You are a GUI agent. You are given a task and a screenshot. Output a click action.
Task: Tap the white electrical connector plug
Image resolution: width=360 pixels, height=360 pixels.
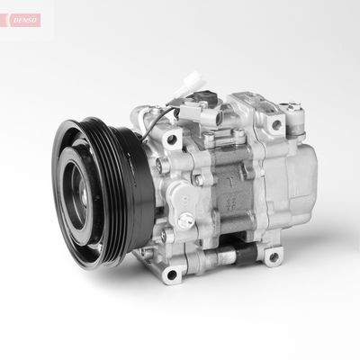[x=190, y=81]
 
